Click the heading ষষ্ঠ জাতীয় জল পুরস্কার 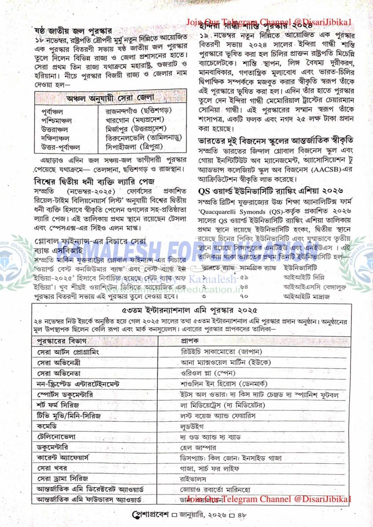pos(73,32)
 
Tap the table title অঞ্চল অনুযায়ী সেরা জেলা pos(110,97)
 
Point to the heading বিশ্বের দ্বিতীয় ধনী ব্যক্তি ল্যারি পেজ pos(96,181)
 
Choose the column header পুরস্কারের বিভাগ pos(62,340)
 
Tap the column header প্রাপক pos(190,340)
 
